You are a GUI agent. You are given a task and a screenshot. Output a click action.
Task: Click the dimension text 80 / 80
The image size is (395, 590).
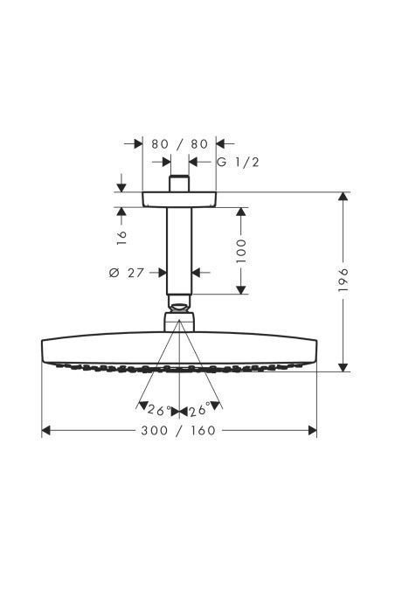tap(179, 143)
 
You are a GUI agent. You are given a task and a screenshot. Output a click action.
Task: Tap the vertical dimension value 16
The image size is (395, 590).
tap(121, 234)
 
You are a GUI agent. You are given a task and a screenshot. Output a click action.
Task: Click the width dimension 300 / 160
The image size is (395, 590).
tap(179, 430)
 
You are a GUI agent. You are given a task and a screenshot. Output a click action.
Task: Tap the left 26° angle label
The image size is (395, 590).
tap(156, 409)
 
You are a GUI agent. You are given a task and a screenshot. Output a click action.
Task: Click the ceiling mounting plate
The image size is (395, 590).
tap(179, 198)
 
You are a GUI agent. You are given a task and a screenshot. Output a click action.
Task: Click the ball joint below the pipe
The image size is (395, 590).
tap(179, 308)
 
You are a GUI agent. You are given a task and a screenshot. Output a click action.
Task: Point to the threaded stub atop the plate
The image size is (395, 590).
tap(179, 184)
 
